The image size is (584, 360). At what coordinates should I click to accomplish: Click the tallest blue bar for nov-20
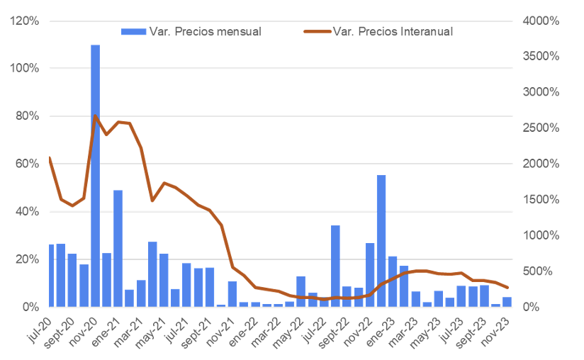point(96,176)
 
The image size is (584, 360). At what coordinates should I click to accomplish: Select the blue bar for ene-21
point(118,249)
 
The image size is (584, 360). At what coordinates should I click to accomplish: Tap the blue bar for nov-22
point(370,275)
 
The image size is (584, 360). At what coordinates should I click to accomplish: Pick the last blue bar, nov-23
point(507,302)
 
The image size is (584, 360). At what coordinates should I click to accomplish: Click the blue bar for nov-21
point(232,294)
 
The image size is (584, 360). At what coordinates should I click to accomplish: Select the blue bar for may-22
point(301,292)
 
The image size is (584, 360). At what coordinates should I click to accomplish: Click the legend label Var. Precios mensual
point(206,32)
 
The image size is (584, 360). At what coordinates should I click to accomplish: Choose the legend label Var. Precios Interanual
point(393,32)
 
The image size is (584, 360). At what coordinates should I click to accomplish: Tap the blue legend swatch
point(133,32)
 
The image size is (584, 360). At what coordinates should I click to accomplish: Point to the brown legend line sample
point(318,32)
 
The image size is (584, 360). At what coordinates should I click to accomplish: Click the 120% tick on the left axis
point(25,21)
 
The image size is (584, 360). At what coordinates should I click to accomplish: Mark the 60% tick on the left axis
point(27,164)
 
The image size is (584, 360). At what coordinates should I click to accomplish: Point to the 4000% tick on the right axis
point(541,21)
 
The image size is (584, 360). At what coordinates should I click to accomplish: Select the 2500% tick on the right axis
point(541,128)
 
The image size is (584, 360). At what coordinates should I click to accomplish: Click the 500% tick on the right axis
point(537,271)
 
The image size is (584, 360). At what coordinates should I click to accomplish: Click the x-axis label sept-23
point(471,332)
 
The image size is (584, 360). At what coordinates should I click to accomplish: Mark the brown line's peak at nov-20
point(96,116)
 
